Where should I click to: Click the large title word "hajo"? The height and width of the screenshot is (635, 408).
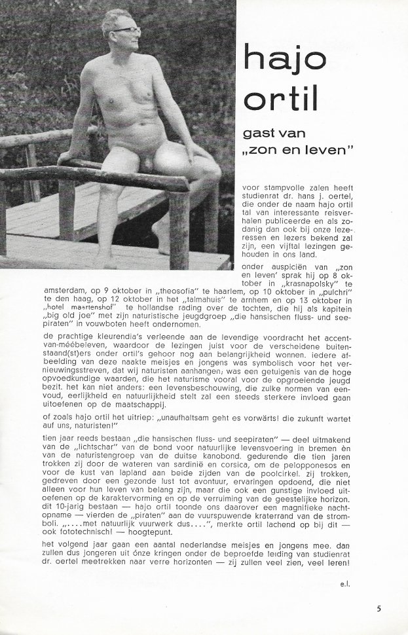click(x=284, y=58)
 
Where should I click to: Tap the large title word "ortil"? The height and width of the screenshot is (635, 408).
click(x=279, y=101)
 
